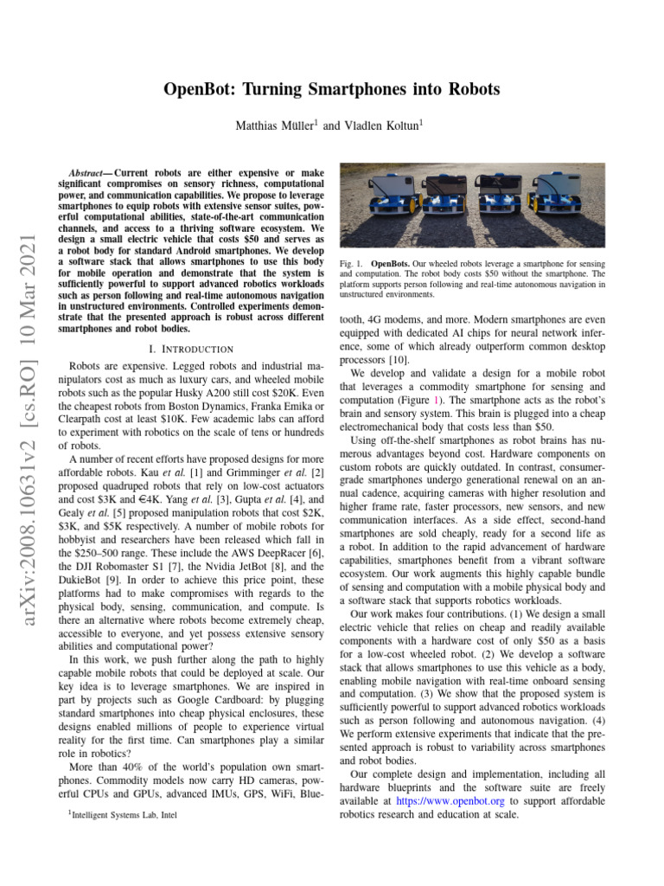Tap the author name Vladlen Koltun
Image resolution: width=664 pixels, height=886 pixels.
click(381, 125)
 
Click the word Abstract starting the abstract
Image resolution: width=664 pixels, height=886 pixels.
click(90, 173)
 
